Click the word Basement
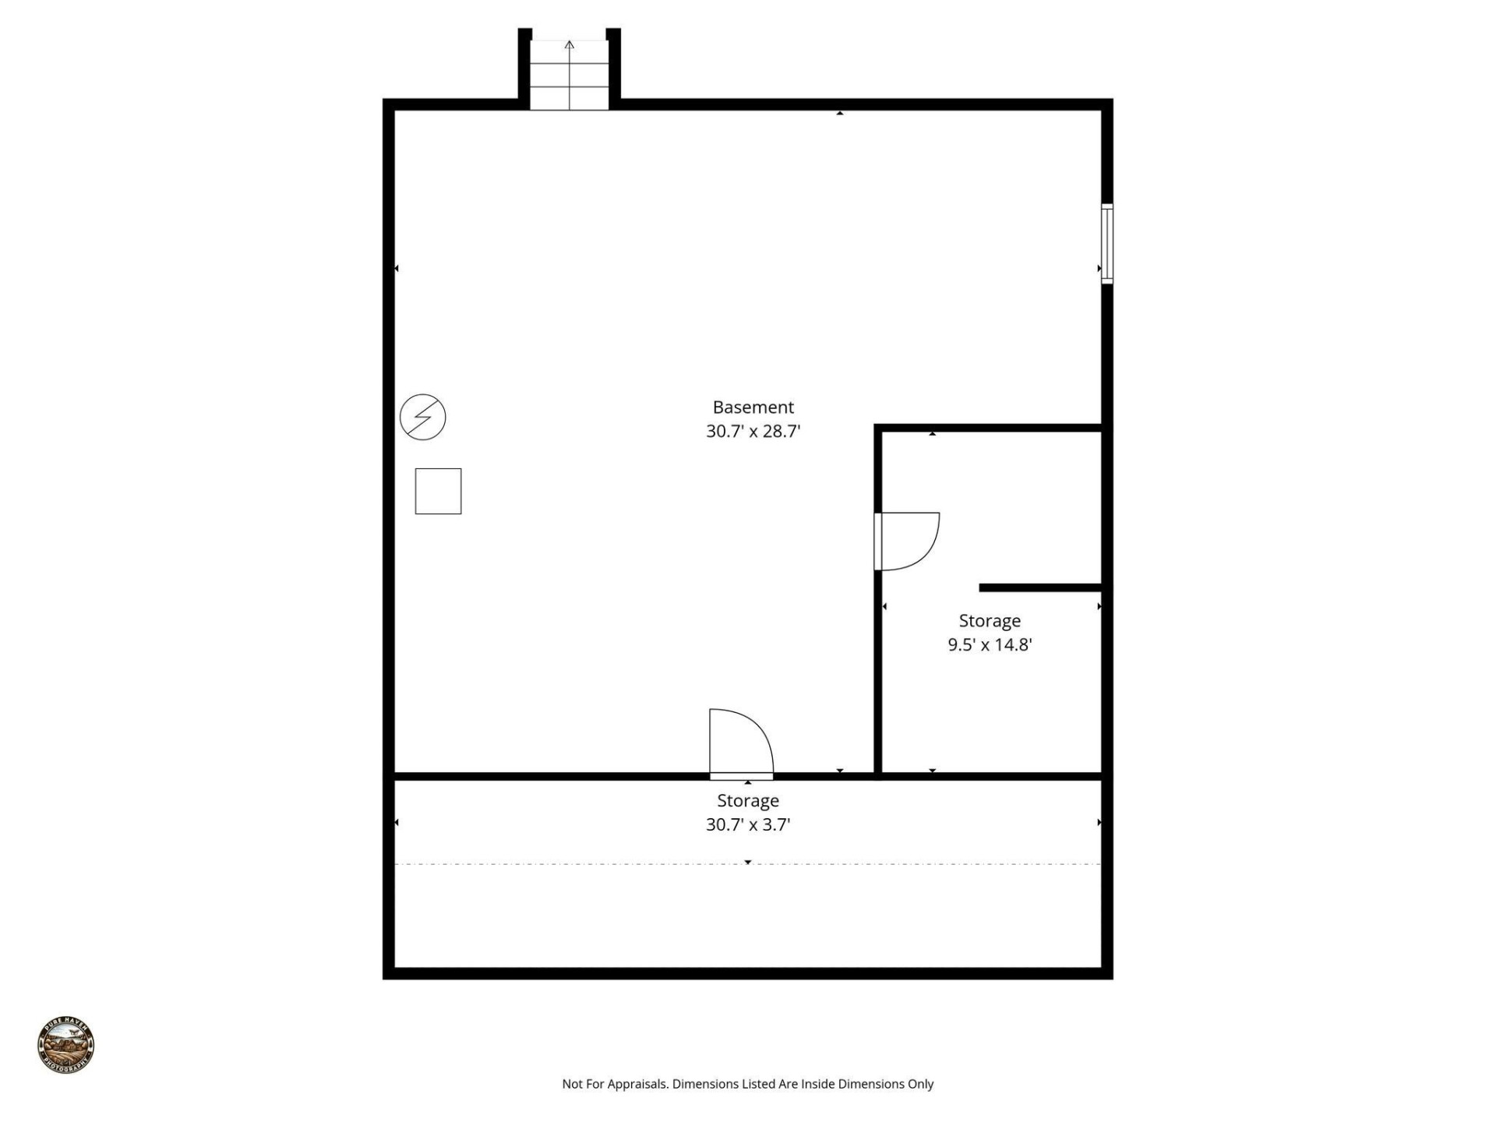(753, 407)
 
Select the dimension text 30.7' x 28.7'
(753, 431)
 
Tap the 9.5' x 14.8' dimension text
(990, 644)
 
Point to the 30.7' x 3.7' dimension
(748, 824)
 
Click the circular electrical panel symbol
(422, 417)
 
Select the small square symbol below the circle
(438, 491)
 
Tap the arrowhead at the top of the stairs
(570, 45)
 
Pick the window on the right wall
(1106, 243)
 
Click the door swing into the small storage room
(908, 541)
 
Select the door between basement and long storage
(740, 744)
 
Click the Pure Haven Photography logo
(66, 1045)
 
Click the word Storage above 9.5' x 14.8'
(990, 621)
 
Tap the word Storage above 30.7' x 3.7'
(748, 800)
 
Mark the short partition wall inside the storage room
(1040, 587)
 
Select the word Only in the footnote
(920, 1084)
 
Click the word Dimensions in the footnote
(700, 1084)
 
